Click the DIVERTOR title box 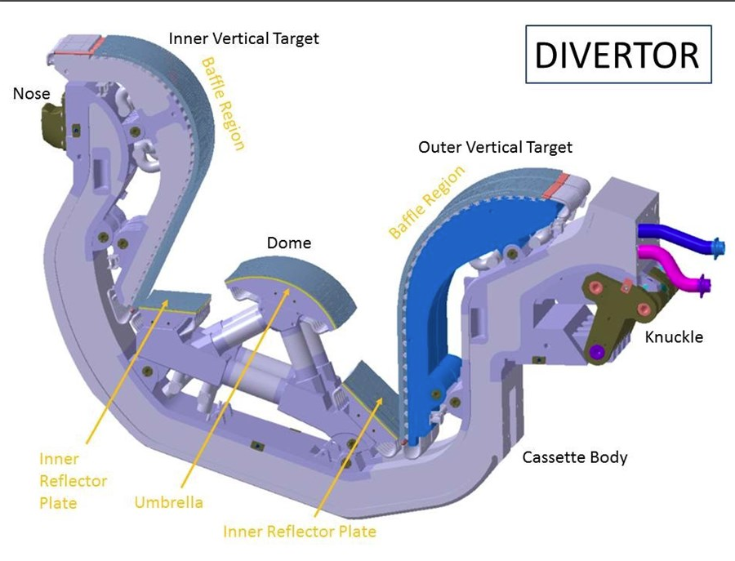point(617,56)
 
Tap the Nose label point(31,94)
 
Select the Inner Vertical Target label point(243,38)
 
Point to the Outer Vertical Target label point(495,147)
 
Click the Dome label point(288,243)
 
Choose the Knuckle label point(674,336)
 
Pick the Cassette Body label point(575,456)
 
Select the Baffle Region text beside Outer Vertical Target point(426,202)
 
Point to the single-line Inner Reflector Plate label point(300,532)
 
